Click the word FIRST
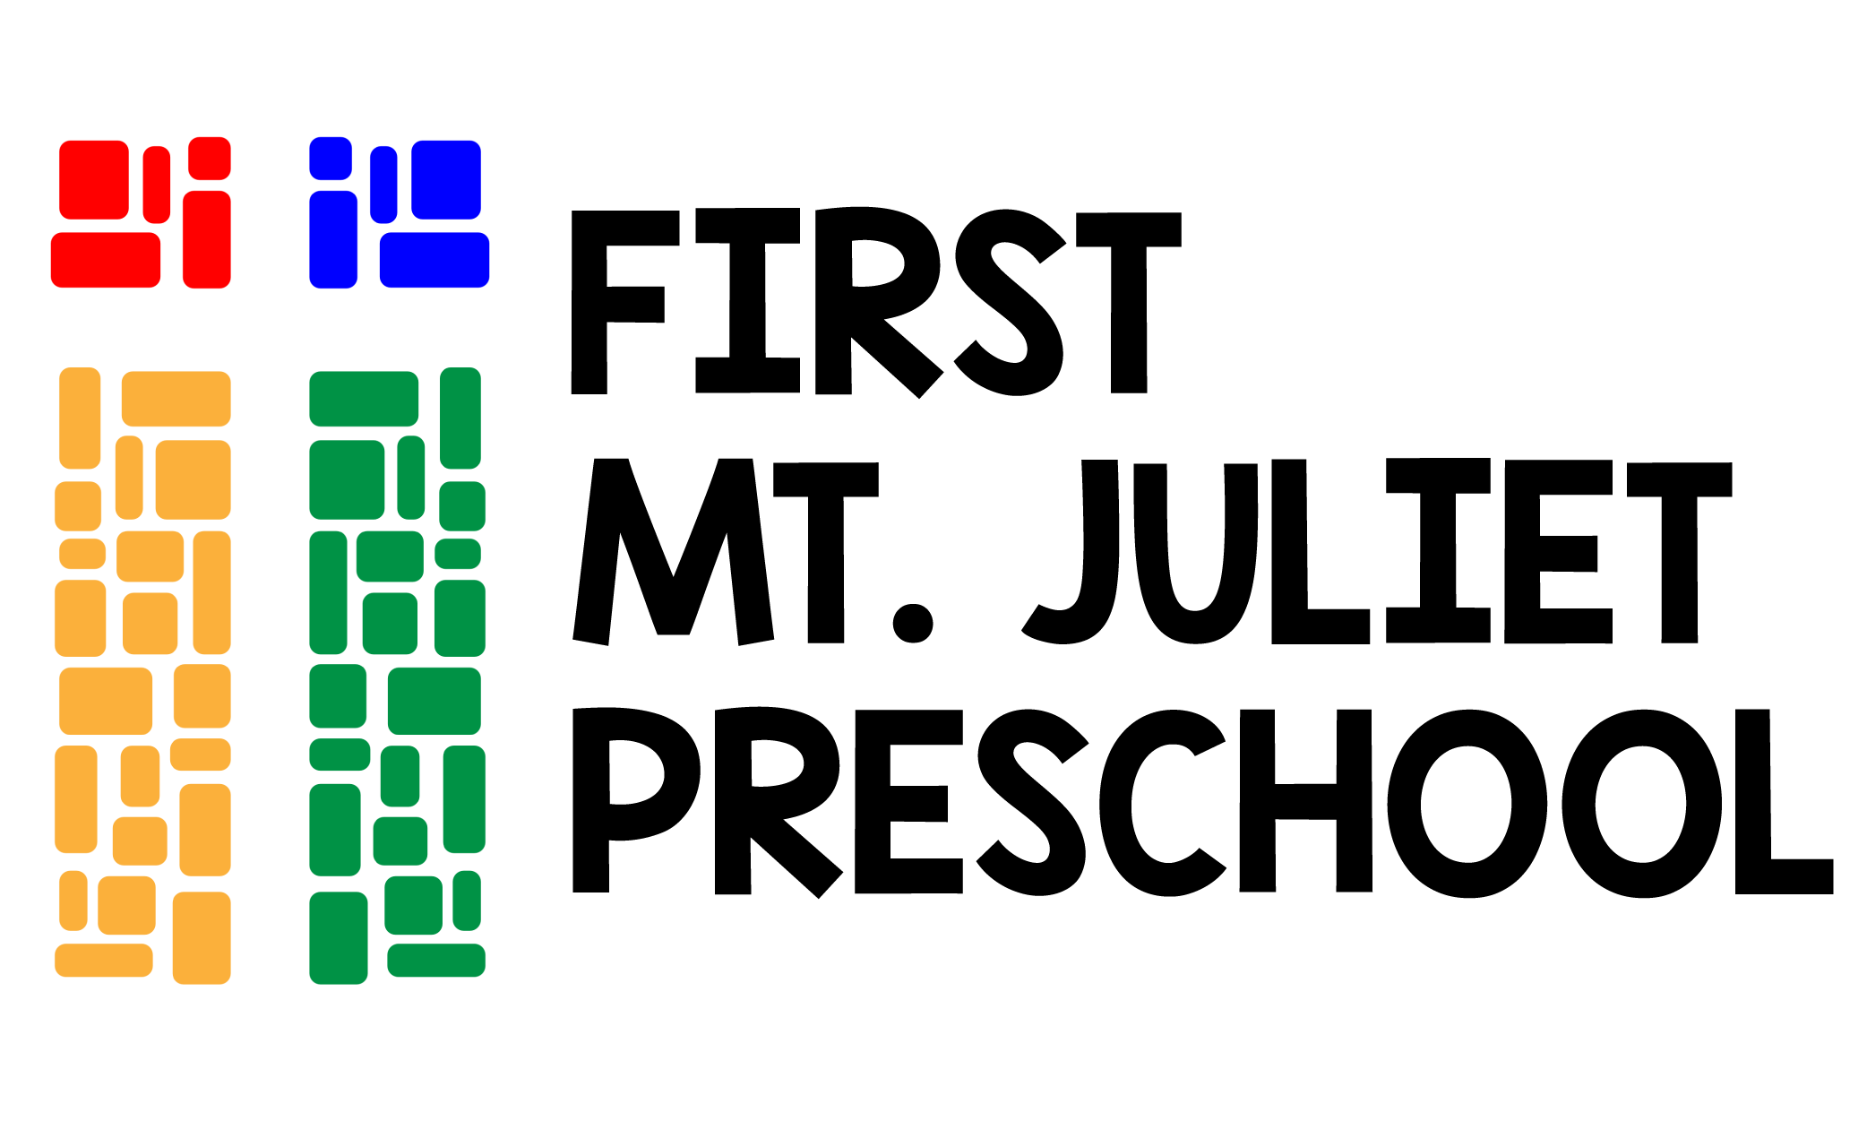coord(876,302)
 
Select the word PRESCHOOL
coord(1202,801)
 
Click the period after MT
coord(914,623)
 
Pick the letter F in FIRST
coord(618,302)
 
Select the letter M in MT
coord(673,551)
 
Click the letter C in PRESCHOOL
coord(1163,802)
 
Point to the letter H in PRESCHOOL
coord(1305,800)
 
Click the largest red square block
coord(94,179)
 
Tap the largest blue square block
coord(446,179)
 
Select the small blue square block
coord(331,159)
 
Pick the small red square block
coord(210,159)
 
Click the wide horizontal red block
coord(106,260)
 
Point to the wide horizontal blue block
coord(434,260)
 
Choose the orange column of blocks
coord(143,676)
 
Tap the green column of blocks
coord(398,676)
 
